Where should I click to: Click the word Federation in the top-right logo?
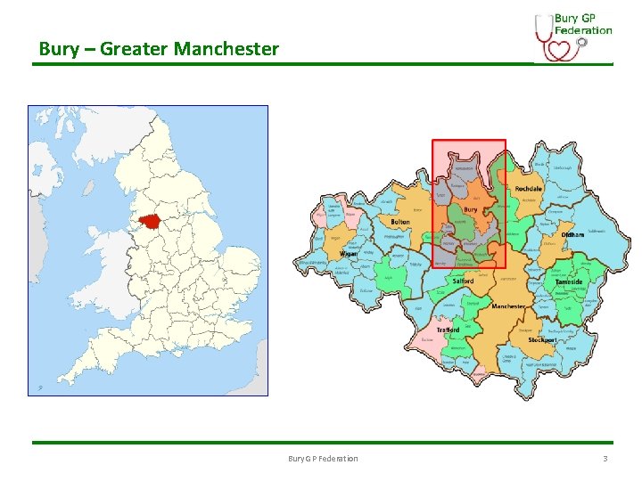tap(583, 29)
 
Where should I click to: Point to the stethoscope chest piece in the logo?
tap(581, 41)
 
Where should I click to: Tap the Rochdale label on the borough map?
tap(528, 189)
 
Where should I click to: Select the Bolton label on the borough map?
tap(399, 222)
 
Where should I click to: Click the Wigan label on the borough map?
tap(349, 254)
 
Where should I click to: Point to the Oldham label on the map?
tap(572, 234)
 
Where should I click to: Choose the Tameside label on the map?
tap(569, 281)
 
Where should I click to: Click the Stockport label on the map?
tap(542, 339)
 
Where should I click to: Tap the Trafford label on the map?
tap(448, 330)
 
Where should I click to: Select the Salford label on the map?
tap(463, 281)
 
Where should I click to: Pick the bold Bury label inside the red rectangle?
tap(470, 210)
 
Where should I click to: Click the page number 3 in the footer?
tap(605, 458)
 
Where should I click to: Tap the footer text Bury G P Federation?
tap(323, 458)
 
